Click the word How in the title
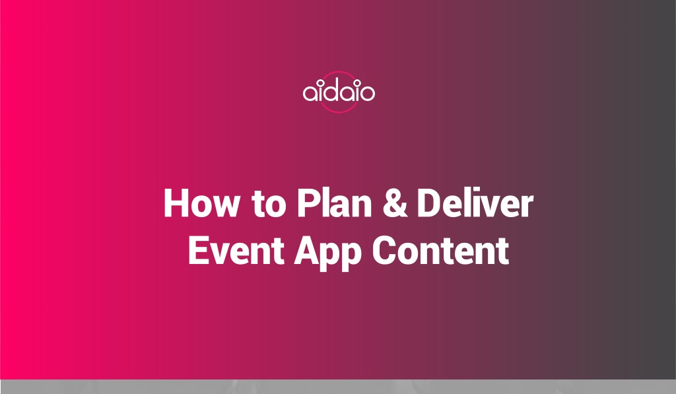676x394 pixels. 201,203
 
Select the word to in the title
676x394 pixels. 269,203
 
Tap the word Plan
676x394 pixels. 334,203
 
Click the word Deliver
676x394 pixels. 475,203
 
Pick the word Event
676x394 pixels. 236,250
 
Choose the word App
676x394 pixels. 327,253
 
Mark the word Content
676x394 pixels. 440,250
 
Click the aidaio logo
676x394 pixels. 339,92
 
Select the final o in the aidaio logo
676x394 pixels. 367,94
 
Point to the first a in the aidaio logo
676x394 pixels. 310,94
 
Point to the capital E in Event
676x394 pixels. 198,250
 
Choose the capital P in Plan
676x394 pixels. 308,203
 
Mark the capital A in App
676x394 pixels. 307,250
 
